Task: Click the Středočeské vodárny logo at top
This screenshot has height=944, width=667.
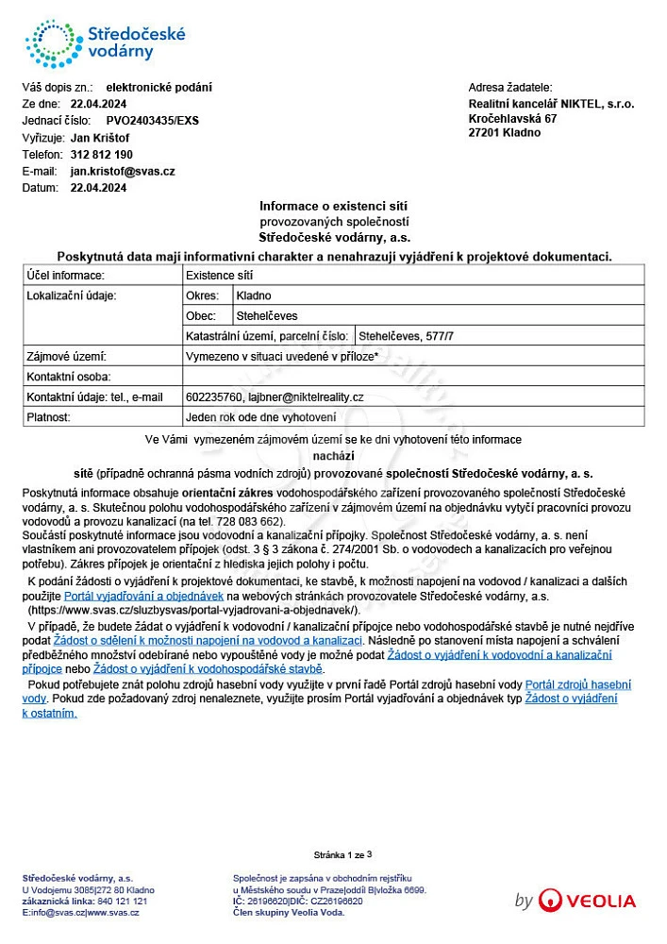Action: pyautogui.click(x=105, y=42)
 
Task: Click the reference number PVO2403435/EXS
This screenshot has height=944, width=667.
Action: pyautogui.click(x=152, y=121)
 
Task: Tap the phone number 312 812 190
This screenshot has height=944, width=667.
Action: pyautogui.click(x=101, y=155)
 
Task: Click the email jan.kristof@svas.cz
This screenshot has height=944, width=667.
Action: pyautogui.click(x=123, y=172)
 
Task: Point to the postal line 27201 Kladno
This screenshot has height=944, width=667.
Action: pyautogui.click(x=505, y=133)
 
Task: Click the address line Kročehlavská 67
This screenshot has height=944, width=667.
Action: pyautogui.click(x=512, y=119)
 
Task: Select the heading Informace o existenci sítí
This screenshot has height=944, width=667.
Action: pyautogui.click(x=334, y=206)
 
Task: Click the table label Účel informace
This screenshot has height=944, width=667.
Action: pyautogui.click(x=65, y=276)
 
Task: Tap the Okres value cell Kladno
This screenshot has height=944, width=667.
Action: pyautogui.click(x=254, y=295)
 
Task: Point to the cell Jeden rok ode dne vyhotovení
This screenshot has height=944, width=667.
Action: pyautogui.click(x=261, y=417)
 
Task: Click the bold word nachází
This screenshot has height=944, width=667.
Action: pyautogui.click(x=333, y=456)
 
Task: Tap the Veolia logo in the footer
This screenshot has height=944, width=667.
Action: pyautogui.click(x=586, y=901)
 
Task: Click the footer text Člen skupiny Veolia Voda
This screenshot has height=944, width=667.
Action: pyautogui.click(x=288, y=913)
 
